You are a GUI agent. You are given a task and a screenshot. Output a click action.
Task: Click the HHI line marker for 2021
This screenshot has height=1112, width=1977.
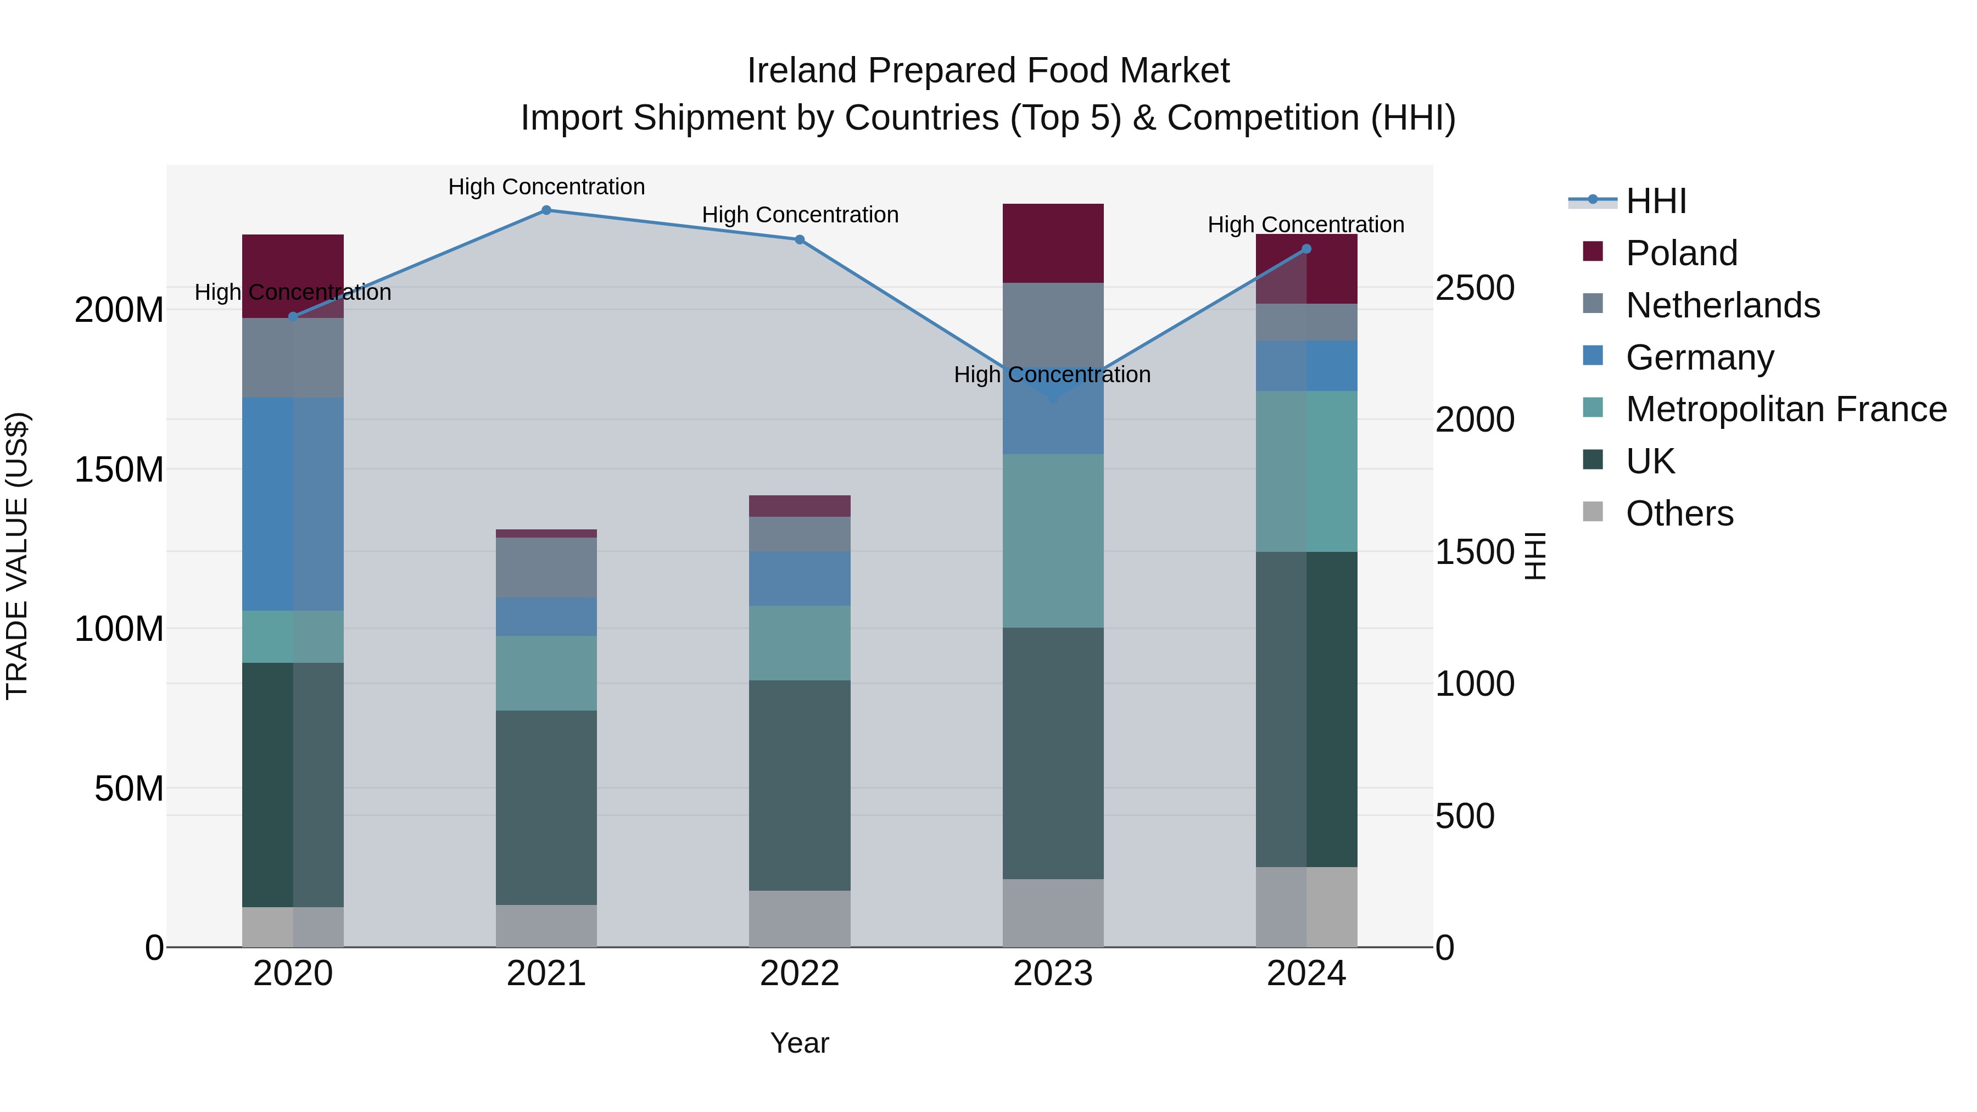pyautogui.click(x=546, y=210)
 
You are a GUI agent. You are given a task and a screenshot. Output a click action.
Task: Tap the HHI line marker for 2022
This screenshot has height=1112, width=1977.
pyautogui.click(x=800, y=240)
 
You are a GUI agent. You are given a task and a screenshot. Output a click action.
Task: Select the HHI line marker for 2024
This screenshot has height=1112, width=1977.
pyautogui.click(x=1307, y=249)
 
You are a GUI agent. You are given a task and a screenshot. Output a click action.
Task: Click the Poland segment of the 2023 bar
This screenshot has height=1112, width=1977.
pyautogui.click(x=1053, y=243)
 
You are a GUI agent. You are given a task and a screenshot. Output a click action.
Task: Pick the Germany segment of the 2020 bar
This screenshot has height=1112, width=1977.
pyautogui.click(x=292, y=504)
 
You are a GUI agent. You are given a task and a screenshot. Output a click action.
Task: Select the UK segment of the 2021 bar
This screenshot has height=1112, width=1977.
pyautogui.click(x=546, y=807)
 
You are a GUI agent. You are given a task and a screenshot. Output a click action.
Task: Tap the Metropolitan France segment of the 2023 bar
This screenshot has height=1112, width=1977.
pyautogui.click(x=1053, y=541)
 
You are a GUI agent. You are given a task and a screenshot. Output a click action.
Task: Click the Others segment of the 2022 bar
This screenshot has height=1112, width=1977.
pyautogui.click(x=800, y=919)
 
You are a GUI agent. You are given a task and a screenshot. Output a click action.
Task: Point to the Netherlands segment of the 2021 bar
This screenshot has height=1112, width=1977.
pyautogui.click(x=546, y=568)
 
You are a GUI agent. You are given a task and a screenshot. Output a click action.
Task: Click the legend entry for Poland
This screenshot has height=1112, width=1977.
pyautogui.click(x=1681, y=253)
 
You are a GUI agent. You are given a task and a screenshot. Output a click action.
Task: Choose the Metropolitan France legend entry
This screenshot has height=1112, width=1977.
pyautogui.click(x=1786, y=409)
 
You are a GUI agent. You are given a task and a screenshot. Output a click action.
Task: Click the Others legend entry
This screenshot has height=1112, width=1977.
pyautogui.click(x=1679, y=513)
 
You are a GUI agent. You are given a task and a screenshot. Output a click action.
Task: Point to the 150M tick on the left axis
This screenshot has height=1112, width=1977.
pyautogui.click(x=119, y=470)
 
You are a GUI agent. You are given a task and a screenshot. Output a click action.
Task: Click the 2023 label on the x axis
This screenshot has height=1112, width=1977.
pyautogui.click(x=1053, y=974)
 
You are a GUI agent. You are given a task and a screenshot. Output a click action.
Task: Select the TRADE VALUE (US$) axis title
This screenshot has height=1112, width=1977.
pyautogui.click(x=17, y=556)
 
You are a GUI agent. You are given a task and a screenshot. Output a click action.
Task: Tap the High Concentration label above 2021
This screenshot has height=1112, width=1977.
pyautogui.click(x=546, y=187)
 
